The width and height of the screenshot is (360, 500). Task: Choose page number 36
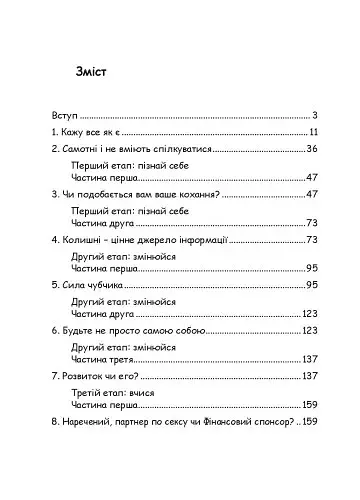pos(311,149)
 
